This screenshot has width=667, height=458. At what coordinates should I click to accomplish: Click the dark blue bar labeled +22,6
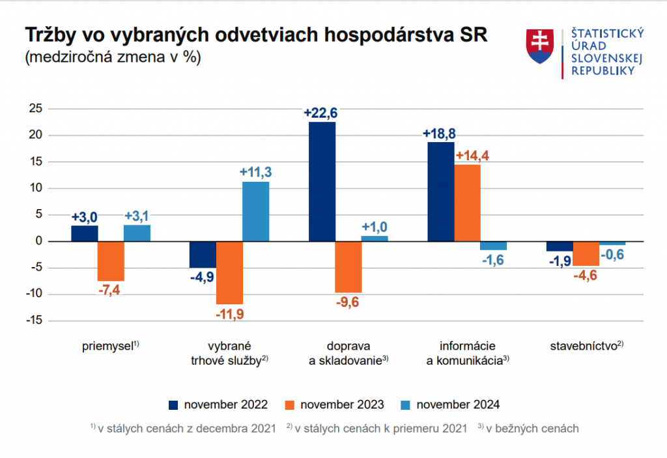322,181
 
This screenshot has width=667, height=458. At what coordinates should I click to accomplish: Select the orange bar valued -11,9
229,272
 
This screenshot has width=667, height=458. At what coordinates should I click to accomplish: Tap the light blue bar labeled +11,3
255,211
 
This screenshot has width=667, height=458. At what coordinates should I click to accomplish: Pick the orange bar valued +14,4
467,203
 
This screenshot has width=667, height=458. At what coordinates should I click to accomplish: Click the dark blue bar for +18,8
440,192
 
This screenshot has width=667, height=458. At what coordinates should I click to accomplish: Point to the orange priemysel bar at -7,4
111,261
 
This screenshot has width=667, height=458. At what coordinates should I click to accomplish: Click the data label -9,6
348,302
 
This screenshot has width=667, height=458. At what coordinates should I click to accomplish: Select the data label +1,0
375,227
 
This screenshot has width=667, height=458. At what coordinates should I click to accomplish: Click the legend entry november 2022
218,405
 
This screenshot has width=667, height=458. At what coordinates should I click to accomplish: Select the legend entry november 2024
450,405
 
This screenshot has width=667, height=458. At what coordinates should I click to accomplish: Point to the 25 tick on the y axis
36,109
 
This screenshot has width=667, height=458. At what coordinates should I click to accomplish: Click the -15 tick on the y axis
34,321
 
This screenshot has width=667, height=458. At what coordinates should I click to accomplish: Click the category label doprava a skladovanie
348,352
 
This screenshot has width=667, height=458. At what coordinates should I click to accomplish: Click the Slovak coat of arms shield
539,47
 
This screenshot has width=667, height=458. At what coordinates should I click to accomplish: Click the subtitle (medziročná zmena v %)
112,57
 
